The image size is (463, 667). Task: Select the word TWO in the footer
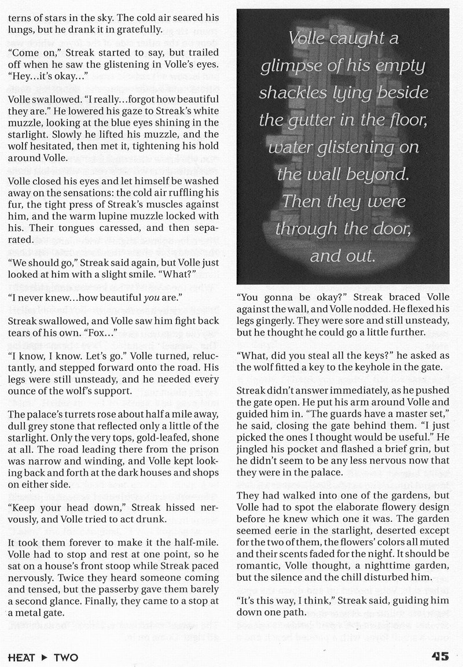click(66, 657)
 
